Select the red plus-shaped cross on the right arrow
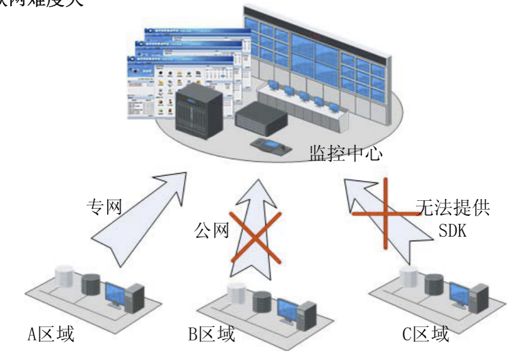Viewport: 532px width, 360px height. click(x=385, y=214)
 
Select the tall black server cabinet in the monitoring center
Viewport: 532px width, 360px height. click(x=196, y=116)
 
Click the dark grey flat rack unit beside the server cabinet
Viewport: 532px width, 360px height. click(x=261, y=119)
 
